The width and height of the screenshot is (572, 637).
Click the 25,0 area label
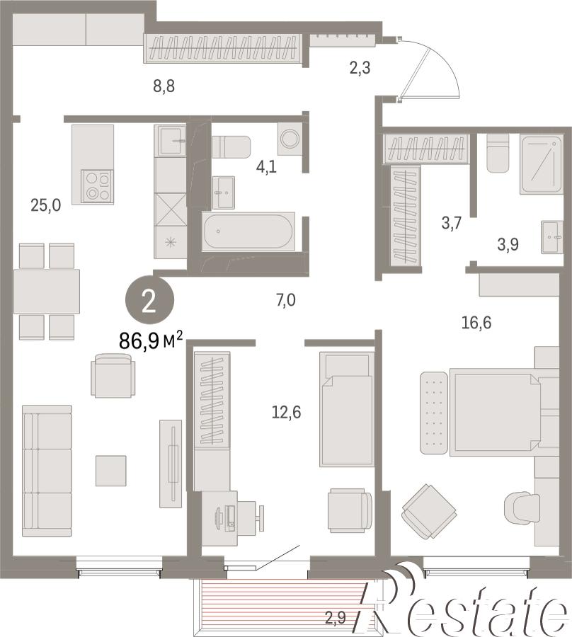[x=46, y=205]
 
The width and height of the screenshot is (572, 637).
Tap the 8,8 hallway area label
[x=164, y=86]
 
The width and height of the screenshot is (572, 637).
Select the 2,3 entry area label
[x=360, y=67]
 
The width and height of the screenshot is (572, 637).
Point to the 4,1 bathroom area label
[x=266, y=166]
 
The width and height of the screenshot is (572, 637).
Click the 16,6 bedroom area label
[x=476, y=323]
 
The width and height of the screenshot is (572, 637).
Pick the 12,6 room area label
[x=287, y=413]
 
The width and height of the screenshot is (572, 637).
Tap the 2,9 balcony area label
[x=336, y=619]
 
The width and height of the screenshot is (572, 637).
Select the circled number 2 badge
[x=149, y=302]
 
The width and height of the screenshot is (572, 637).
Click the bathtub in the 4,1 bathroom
[x=248, y=231]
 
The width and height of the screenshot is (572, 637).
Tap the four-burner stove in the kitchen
[x=98, y=186]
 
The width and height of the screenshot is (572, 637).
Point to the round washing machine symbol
[x=290, y=139]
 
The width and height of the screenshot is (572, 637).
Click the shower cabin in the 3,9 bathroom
[x=541, y=164]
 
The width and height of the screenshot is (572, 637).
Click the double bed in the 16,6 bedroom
[x=495, y=412]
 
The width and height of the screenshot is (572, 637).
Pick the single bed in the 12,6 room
[x=347, y=409]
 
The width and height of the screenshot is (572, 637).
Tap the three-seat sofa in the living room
[x=47, y=471]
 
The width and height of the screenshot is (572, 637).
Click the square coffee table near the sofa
[x=111, y=471]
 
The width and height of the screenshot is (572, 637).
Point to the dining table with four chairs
[x=47, y=292]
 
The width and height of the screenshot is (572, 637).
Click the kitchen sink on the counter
[x=170, y=140]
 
